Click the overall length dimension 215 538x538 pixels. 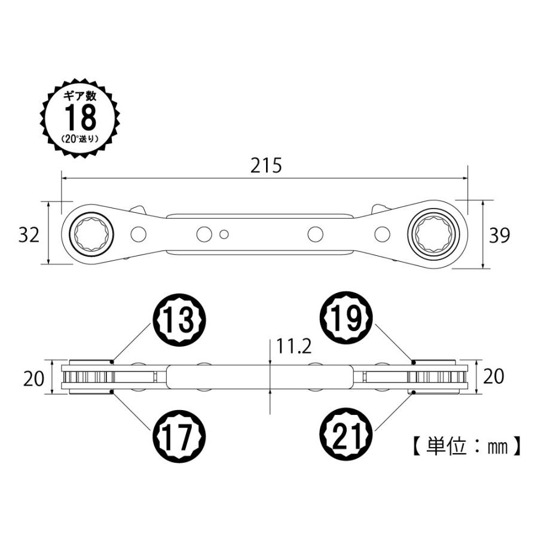coord(265,165)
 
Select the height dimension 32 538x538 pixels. coord(29,235)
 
